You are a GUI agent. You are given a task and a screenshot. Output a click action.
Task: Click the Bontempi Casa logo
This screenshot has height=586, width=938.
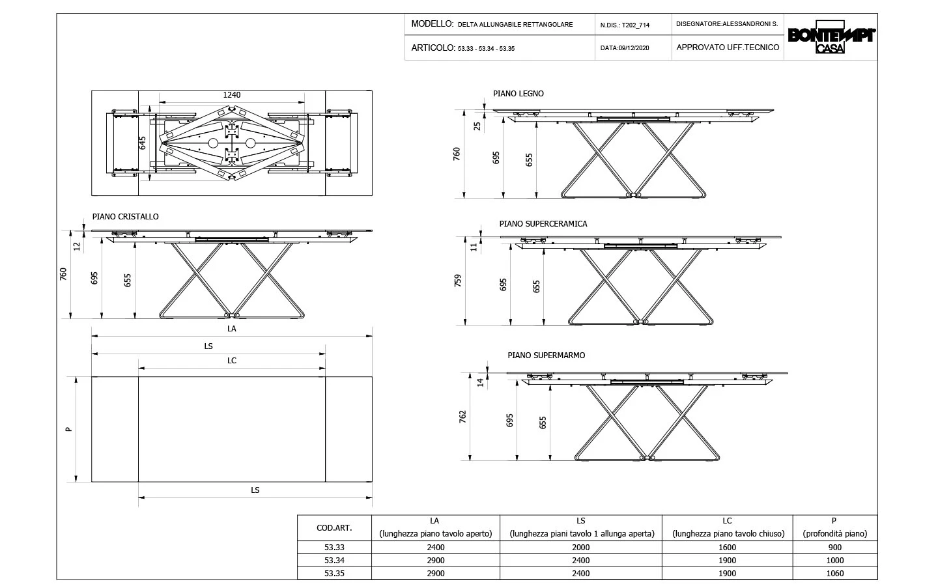pos(831,40)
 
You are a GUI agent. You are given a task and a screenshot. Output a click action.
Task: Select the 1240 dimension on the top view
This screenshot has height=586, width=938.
pos(232,95)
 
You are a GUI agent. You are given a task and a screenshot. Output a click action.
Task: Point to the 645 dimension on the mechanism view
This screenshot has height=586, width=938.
pos(143,143)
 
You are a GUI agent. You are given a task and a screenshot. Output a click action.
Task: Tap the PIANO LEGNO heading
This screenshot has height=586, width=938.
pos(519,94)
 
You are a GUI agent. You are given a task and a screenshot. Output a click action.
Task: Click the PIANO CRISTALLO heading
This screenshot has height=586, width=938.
pos(126,217)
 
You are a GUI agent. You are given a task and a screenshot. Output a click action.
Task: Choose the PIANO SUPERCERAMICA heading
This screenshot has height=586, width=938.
pos(543,224)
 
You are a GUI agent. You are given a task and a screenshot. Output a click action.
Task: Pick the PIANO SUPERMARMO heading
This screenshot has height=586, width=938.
pos(547,356)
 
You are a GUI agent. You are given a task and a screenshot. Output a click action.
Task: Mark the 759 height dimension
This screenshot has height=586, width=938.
pos(459,281)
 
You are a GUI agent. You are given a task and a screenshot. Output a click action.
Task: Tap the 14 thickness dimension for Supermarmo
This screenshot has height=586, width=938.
pos(481,383)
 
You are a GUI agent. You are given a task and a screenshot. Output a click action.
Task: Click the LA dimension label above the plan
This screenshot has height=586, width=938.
pos(232,329)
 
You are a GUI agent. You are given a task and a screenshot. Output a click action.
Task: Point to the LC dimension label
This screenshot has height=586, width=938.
pos(232,361)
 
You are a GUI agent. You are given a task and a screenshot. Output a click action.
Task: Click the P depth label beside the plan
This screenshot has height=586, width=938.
pos(68,429)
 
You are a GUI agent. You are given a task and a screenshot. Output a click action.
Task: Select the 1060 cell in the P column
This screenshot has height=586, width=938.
pos(834,574)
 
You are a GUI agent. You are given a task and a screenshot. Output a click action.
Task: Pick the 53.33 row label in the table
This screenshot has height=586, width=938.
pos(334,548)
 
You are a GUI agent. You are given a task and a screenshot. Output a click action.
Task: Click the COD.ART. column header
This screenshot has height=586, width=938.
pos(334,528)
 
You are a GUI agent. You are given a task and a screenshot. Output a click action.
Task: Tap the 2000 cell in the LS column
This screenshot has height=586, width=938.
pos(580,548)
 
